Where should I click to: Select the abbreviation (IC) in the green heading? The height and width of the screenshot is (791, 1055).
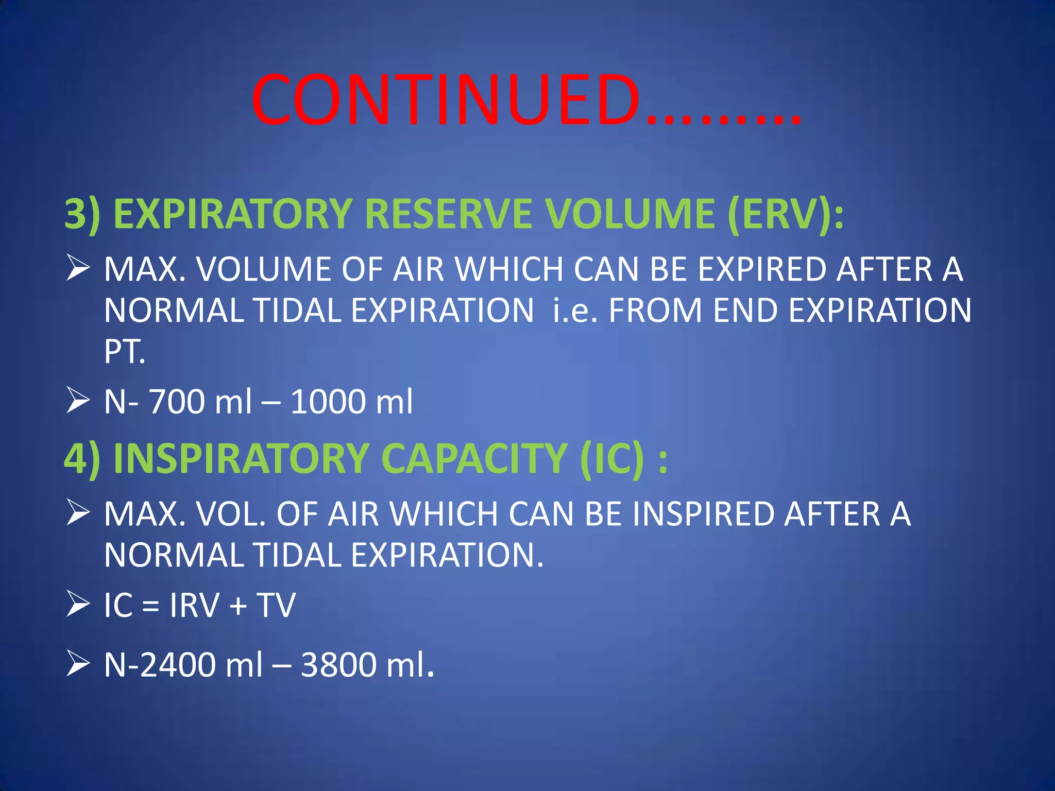(612, 458)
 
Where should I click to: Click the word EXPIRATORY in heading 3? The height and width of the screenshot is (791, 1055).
(232, 214)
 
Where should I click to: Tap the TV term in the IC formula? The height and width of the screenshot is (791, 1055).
(276, 605)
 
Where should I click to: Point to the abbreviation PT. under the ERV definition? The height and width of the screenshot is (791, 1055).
(124, 352)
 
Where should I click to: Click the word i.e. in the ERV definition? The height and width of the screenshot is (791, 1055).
(574, 311)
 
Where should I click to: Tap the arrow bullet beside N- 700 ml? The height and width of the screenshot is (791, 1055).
(78, 401)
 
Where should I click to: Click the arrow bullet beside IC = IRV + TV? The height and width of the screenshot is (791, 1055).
(78, 605)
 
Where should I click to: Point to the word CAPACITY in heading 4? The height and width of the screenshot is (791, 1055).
(473, 458)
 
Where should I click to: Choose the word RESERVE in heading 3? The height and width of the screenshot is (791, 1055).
(448, 214)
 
